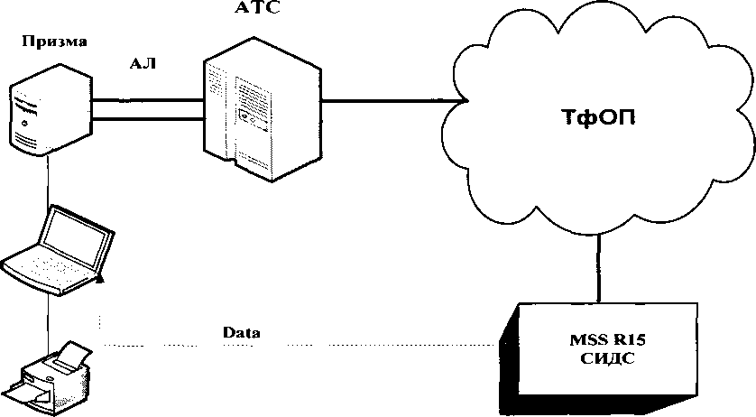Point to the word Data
(x=242, y=332)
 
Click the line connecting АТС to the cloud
(x=388, y=100)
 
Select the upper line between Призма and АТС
(x=149, y=101)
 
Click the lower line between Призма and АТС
(x=149, y=117)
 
